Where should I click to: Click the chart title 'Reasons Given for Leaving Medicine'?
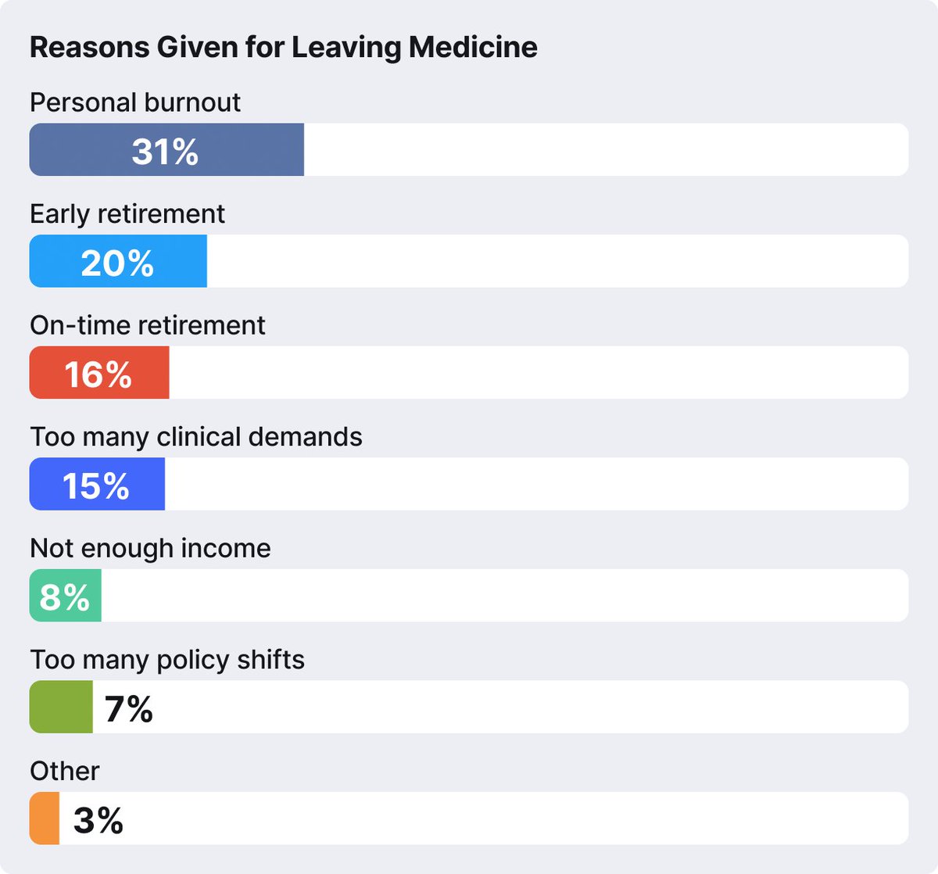pyautogui.click(x=283, y=48)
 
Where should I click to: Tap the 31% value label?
pyautogui.click(x=165, y=152)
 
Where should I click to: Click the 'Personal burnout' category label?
pyautogui.click(x=135, y=102)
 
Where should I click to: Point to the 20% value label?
pyautogui.click(x=117, y=263)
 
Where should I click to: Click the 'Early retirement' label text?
pyautogui.click(x=127, y=213)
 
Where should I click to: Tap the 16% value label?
pyautogui.click(x=98, y=374)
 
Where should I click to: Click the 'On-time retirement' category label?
pyautogui.click(x=148, y=325)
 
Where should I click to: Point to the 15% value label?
pyautogui.click(x=95, y=486)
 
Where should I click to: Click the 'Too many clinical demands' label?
pyautogui.click(x=196, y=436)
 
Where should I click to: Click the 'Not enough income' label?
pyautogui.click(x=150, y=548)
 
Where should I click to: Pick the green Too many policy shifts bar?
pyautogui.click(x=61, y=707)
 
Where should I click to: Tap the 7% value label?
pyautogui.click(x=128, y=709)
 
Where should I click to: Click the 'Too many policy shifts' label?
pyautogui.click(x=167, y=660)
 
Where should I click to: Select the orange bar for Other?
pyautogui.click(x=45, y=818)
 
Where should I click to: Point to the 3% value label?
pyautogui.click(x=98, y=821)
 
